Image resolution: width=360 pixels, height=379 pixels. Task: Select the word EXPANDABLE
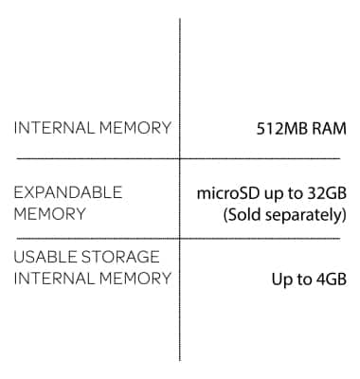[68, 192]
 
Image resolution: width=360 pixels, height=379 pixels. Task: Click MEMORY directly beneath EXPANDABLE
[49, 214]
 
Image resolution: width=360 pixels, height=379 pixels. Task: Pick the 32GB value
[325, 193]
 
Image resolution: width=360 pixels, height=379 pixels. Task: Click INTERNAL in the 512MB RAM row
[50, 128]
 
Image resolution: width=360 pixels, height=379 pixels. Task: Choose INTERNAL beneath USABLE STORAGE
[50, 279]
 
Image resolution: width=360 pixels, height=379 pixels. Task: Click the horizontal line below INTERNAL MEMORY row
[95, 158]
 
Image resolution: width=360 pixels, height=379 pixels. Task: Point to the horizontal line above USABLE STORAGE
[95, 238]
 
